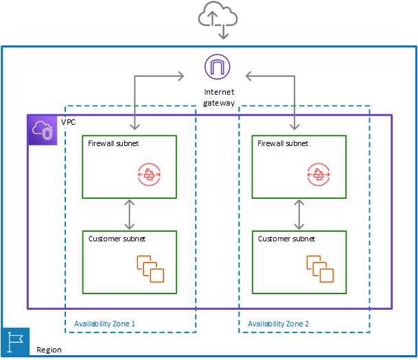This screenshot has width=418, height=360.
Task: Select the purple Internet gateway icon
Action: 218,67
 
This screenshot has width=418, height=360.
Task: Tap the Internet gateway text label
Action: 219,97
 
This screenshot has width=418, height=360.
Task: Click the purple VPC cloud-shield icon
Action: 42,130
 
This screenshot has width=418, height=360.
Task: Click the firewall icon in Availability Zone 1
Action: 148,175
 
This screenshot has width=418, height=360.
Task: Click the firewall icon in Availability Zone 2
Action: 318,175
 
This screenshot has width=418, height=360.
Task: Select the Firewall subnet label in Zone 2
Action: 283,144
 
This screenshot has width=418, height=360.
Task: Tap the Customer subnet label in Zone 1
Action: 117,239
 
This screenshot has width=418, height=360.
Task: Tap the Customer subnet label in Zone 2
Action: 286,239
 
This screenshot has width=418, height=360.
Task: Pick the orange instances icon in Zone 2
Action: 320,268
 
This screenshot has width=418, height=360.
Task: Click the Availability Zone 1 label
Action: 105,323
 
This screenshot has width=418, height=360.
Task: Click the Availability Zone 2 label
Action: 279,323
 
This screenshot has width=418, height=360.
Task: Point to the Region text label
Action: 48,350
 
